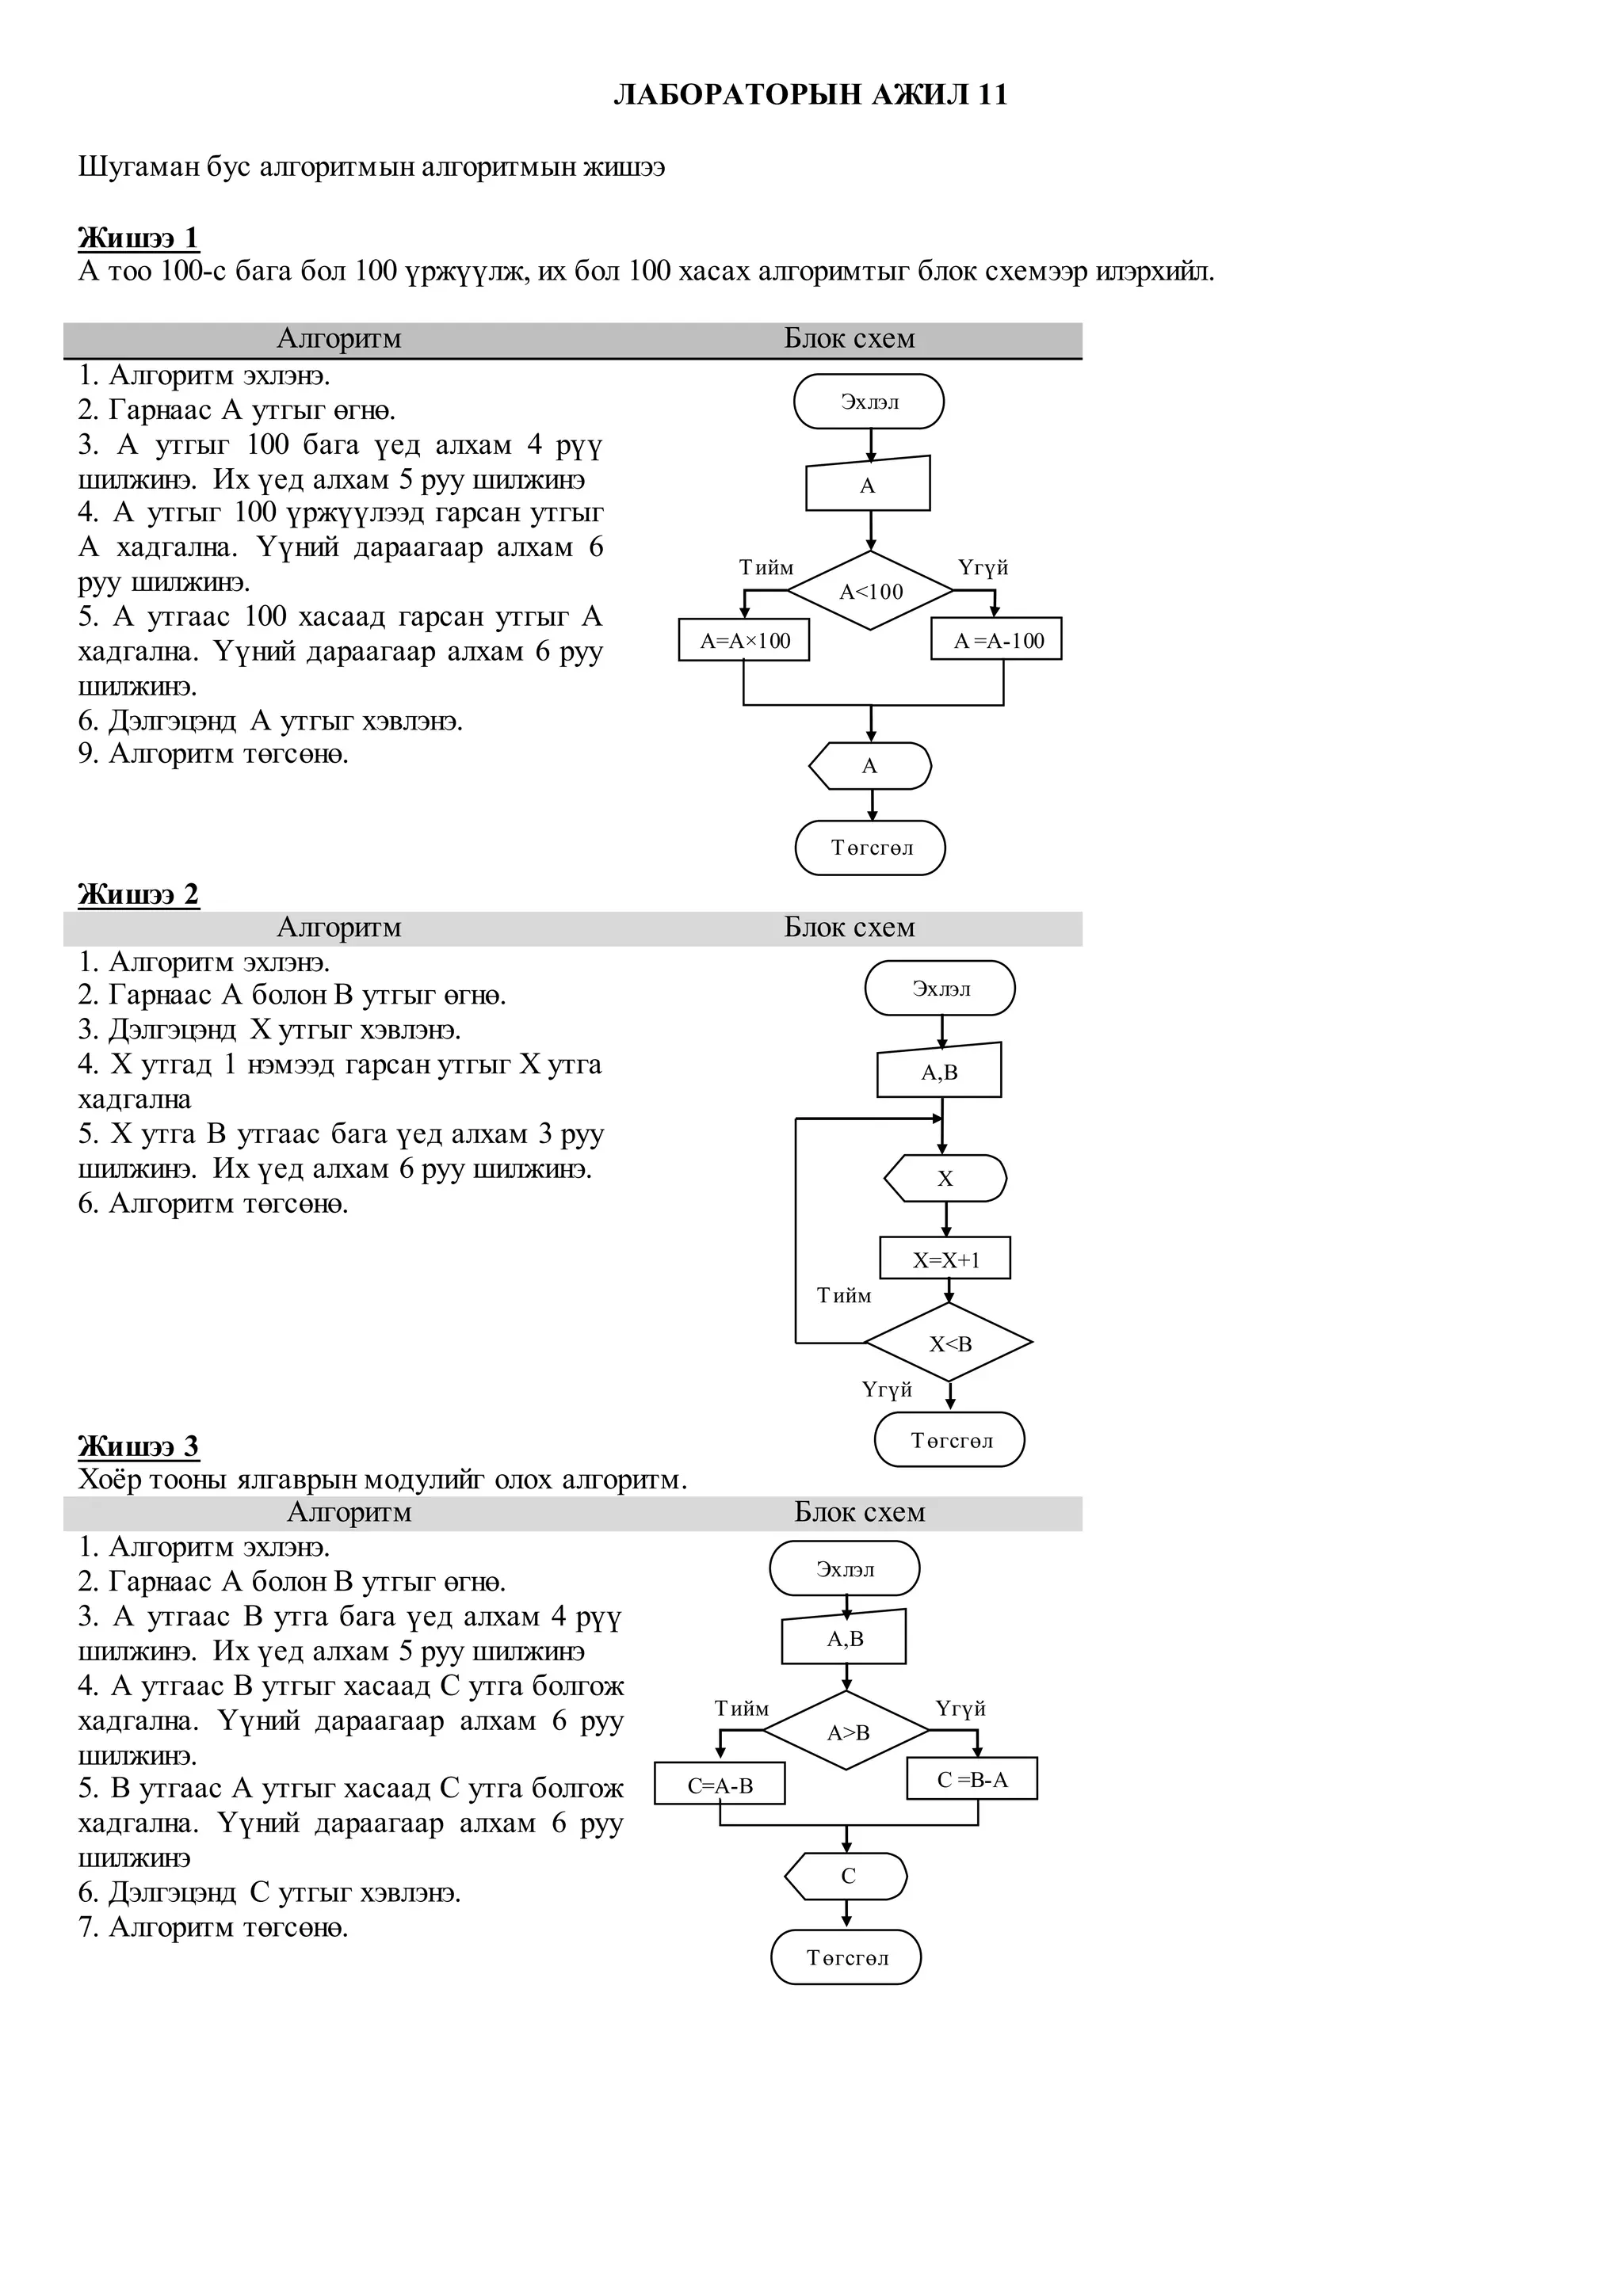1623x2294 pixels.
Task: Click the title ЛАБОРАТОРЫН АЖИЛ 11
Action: click(811, 95)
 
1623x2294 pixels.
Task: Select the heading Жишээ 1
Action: click(138, 238)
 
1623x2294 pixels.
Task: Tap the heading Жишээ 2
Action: click(138, 894)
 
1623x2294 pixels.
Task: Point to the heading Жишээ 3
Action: click(138, 1446)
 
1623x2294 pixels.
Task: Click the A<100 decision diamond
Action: click(870, 592)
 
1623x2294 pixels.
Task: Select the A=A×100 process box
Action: click(743, 641)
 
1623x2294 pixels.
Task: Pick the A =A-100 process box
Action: click(996, 641)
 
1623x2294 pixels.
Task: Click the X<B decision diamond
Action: click(949, 1343)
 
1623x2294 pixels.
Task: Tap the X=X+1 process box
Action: click(945, 1259)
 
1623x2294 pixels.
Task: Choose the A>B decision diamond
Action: click(846, 1732)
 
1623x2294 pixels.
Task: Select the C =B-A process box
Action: click(972, 1779)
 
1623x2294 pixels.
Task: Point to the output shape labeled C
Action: click(846, 1877)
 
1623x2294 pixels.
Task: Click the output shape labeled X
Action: click(945, 1179)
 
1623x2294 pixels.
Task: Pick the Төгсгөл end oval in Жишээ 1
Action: click(870, 848)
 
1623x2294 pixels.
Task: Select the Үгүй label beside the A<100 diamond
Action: click(983, 567)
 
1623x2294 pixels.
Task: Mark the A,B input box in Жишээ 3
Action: click(845, 1639)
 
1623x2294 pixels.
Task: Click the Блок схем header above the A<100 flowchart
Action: click(850, 340)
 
